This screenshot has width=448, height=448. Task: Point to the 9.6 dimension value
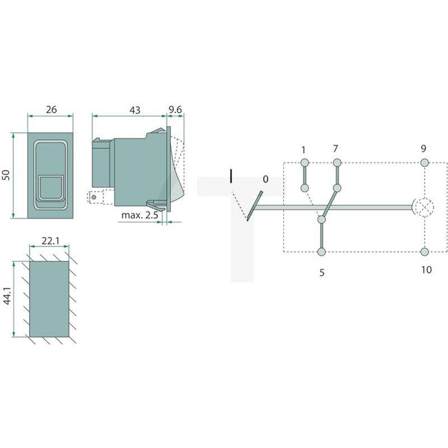pos(174,108)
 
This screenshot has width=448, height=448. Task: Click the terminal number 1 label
pos(303,150)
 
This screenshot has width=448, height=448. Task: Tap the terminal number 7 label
pos(336,150)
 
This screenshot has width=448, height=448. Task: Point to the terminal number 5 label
pos(321,272)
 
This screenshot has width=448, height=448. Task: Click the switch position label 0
pos(265,180)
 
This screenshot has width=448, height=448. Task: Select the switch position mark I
pos(232,176)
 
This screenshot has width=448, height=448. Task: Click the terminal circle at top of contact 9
pos(425,163)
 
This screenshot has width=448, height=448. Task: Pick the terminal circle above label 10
pos(425,252)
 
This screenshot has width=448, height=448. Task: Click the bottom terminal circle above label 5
pos(321,252)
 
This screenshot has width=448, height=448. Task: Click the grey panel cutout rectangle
pos(48,298)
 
